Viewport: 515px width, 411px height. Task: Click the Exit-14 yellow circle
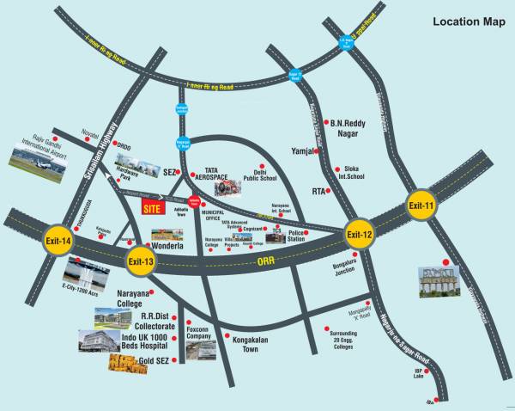point(58,242)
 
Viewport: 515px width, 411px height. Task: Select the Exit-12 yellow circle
point(360,235)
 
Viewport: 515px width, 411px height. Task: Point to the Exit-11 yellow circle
point(422,206)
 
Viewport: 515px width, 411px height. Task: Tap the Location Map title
point(468,21)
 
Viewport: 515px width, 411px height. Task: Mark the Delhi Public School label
point(269,175)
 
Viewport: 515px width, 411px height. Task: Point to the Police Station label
point(295,235)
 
